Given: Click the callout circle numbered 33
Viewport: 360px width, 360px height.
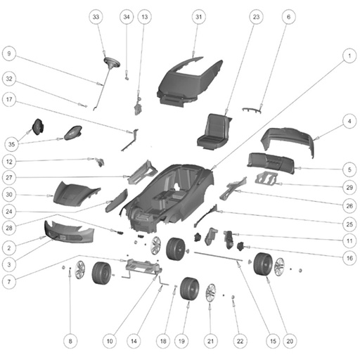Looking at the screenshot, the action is click(x=96, y=17).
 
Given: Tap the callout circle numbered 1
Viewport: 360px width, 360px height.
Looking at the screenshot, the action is click(x=349, y=56).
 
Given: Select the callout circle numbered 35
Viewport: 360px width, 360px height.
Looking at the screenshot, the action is click(x=11, y=144).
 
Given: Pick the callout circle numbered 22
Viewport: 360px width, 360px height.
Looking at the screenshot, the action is click(x=240, y=341).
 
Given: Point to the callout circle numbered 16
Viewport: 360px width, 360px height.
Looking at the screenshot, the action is click(x=349, y=258).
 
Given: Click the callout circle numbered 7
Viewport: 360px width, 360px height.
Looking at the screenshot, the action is click(x=9, y=281).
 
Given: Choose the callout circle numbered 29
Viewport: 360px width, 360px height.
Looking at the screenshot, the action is click(x=349, y=187).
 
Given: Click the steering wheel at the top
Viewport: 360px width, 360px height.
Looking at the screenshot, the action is click(x=112, y=63).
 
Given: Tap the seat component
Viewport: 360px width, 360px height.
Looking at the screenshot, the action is click(x=213, y=131).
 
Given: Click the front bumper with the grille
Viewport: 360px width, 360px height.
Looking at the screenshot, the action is click(x=70, y=232).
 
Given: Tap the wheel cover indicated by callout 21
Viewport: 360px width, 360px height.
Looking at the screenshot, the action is click(x=211, y=293).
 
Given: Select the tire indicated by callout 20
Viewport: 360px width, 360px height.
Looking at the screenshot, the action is click(x=263, y=264).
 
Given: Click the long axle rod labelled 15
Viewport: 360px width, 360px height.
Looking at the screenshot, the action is click(x=218, y=256).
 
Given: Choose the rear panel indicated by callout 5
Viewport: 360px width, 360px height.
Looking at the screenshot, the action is click(x=271, y=163).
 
